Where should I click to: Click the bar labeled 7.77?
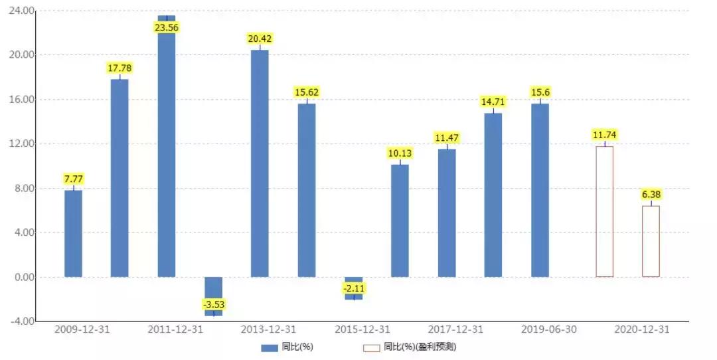tap(73, 233)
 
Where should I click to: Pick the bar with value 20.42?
tap(260, 163)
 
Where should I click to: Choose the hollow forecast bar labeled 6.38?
tap(651, 241)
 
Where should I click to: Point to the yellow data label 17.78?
tap(119, 68)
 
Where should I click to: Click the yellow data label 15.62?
tap(307, 93)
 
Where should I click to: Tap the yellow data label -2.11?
tap(353, 288)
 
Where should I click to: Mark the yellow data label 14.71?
tap(493, 102)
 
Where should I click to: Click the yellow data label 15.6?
tap(539, 92)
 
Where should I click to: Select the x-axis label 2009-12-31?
tap(73, 330)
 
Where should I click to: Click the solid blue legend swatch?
tap(269, 347)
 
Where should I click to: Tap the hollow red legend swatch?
tap(371, 347)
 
